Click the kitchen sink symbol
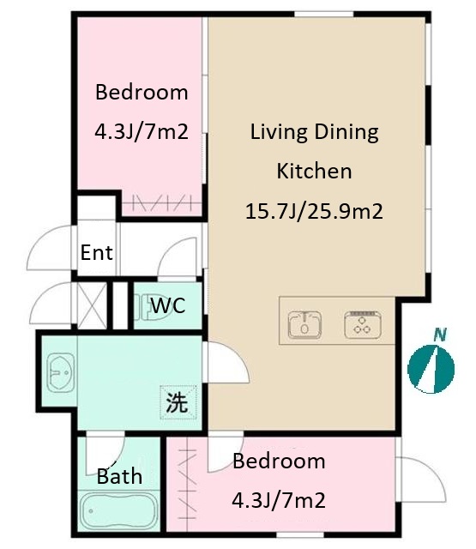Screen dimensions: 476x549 point(304,325)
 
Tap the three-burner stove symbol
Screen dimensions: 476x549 point(363,325)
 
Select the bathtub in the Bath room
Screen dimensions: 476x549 point(118,511)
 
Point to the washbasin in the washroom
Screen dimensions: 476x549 point(60,372)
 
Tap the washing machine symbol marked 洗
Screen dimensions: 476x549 point(178,402)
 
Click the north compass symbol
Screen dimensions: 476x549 point(431,369)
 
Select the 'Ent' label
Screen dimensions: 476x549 point(97,252)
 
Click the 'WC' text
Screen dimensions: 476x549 point(168,305)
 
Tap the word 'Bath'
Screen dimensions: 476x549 point(119,476)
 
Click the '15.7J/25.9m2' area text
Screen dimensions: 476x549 point(314,211)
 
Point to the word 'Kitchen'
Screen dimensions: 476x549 point(314,171)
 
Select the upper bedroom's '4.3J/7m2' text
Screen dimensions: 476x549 point(142,131)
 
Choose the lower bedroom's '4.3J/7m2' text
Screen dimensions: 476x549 point(279,500)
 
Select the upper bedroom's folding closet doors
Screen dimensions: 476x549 point(162,203)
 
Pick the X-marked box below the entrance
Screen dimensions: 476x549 point(92,306)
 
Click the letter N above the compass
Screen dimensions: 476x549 point(440,335)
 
